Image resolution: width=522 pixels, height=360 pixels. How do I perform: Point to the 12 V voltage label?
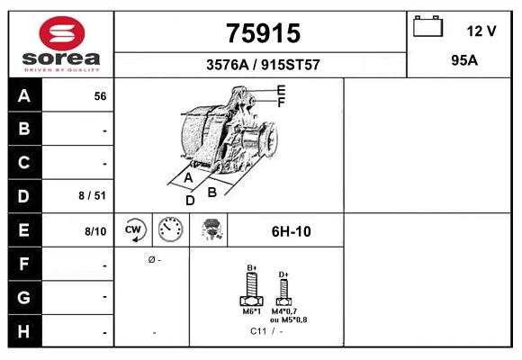pyautogui.click(x=481, y=31)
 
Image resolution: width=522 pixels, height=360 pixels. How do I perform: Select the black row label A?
pyautogui.click(x=24, y=95)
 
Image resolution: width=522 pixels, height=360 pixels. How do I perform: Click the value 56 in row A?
pyautogui.click(x=100, y=95)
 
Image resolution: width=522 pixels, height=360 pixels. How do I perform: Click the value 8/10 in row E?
pyautogui.click(x=95, y=231)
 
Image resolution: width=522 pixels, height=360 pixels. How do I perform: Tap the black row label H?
pyautogui.click(x=24, y=331)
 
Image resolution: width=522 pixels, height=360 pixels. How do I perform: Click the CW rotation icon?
pyautogui.click(x=134, y=230)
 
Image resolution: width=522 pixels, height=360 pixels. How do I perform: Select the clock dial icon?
pyautogui.click(x=170, y=230)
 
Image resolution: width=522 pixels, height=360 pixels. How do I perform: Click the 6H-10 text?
pyautogui.click(x=291, y=231)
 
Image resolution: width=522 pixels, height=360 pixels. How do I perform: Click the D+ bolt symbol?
pyautogui.click(x=283, y=291)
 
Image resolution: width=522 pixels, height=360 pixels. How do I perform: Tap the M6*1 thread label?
pyautogui.click(x=252, y=311)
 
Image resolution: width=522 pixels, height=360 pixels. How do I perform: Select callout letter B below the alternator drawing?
pyautogui.click(x=212, y=192)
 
